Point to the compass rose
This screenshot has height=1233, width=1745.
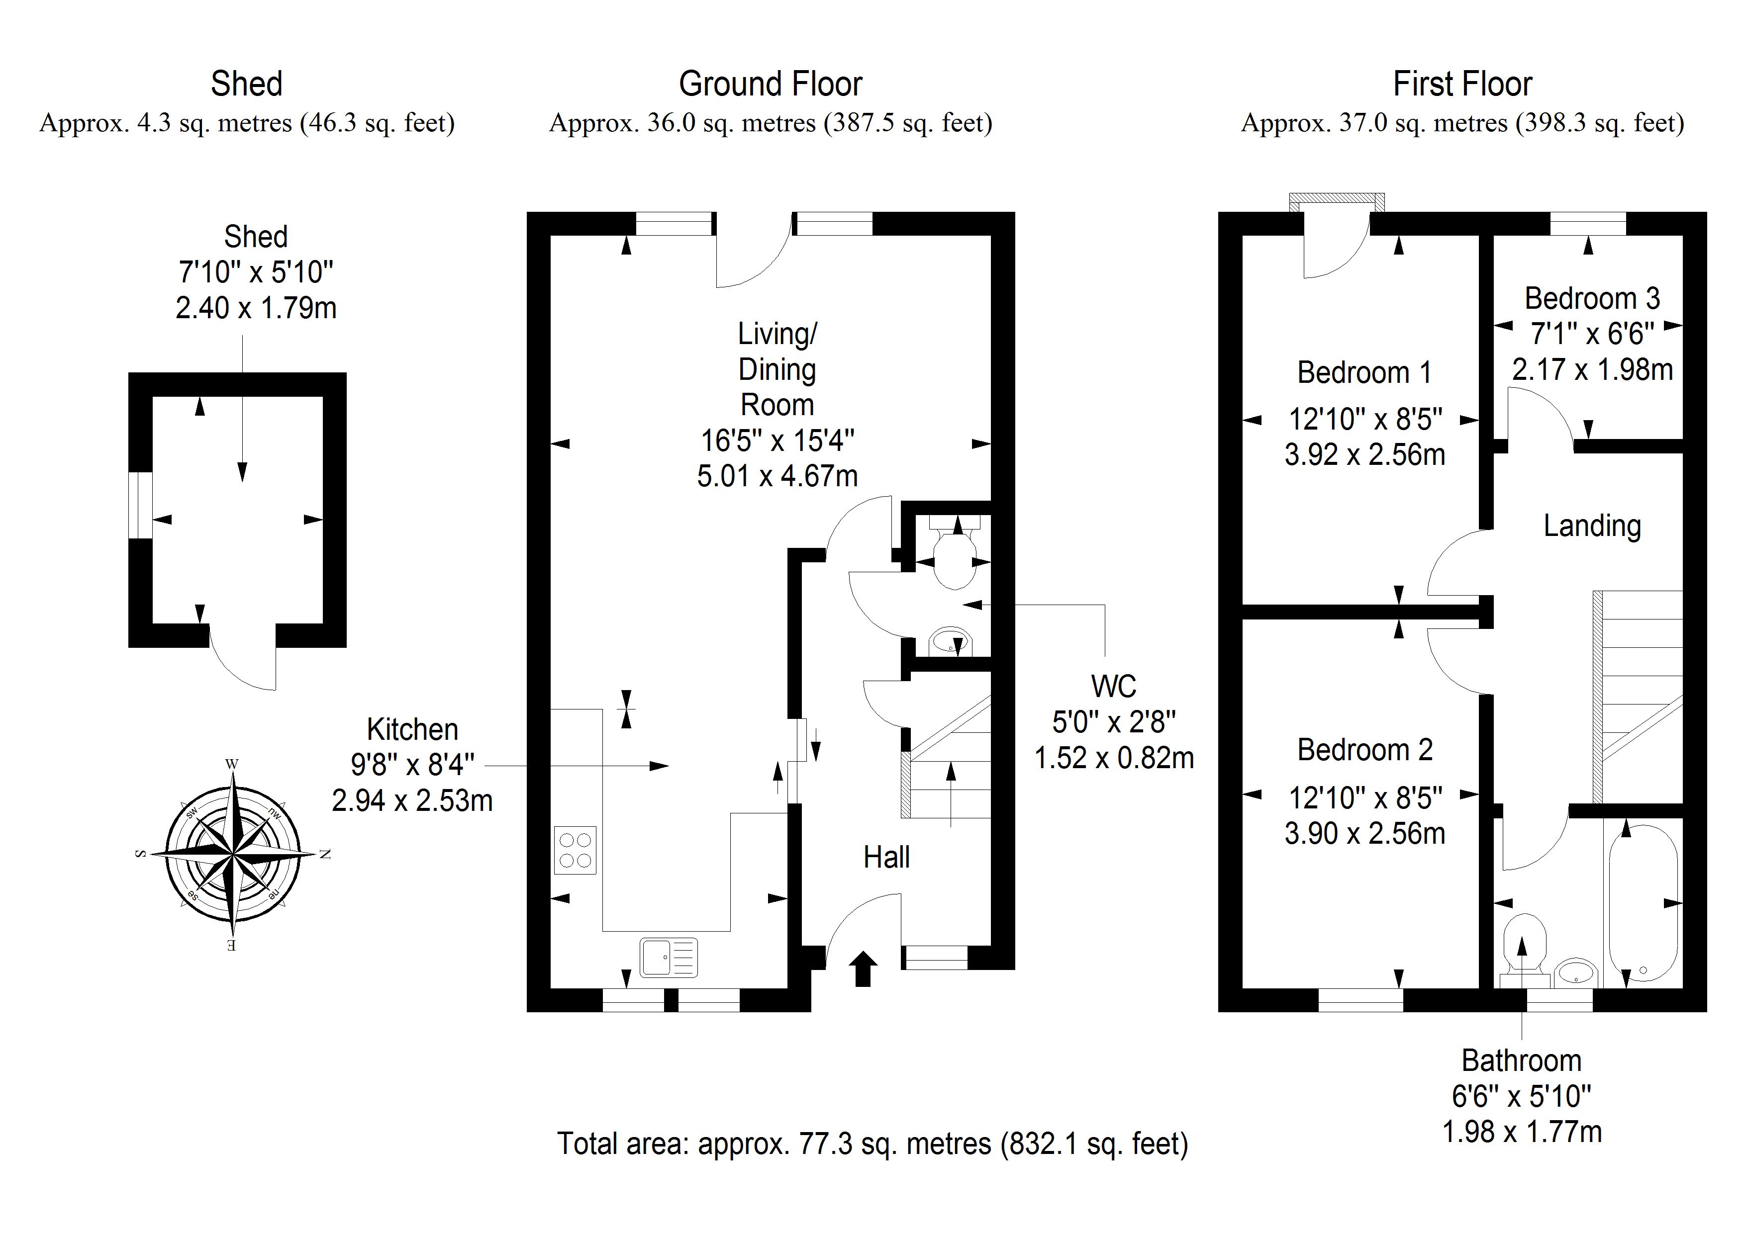click(x=233, y=854)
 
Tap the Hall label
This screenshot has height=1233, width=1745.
click(x=886, y=858)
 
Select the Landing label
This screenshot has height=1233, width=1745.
click(x=1591, y=526)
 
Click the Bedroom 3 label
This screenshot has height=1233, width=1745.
click(x=1591, y=299)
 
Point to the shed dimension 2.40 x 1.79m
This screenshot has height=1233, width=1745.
click(x=256, y=308)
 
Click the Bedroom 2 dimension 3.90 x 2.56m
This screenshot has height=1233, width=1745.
click(x=1364, y=833)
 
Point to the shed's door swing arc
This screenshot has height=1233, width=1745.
click(x=236, y=669)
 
